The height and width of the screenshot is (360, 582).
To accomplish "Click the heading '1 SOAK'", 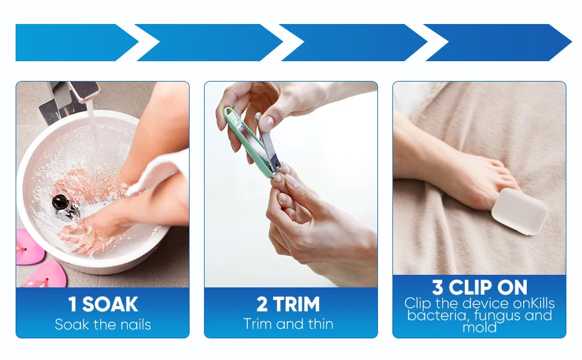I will pos(103,304).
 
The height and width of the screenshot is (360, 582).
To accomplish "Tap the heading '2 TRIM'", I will pos(288,304).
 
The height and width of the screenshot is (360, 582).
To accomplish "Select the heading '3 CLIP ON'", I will pos(479,287).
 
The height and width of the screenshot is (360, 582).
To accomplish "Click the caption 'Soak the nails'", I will pos(103,325).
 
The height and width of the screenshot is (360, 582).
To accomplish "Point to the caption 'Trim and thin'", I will pos(288,324).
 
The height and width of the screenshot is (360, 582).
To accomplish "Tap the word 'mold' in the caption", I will pos(479,328).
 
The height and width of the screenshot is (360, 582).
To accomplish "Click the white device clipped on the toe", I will pos(518,211).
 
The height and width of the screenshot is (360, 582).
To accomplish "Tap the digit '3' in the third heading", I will pos(437,287).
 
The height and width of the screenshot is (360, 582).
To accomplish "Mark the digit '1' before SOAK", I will pos(73,304).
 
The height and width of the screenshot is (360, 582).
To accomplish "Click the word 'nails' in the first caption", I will pos(134,325).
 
